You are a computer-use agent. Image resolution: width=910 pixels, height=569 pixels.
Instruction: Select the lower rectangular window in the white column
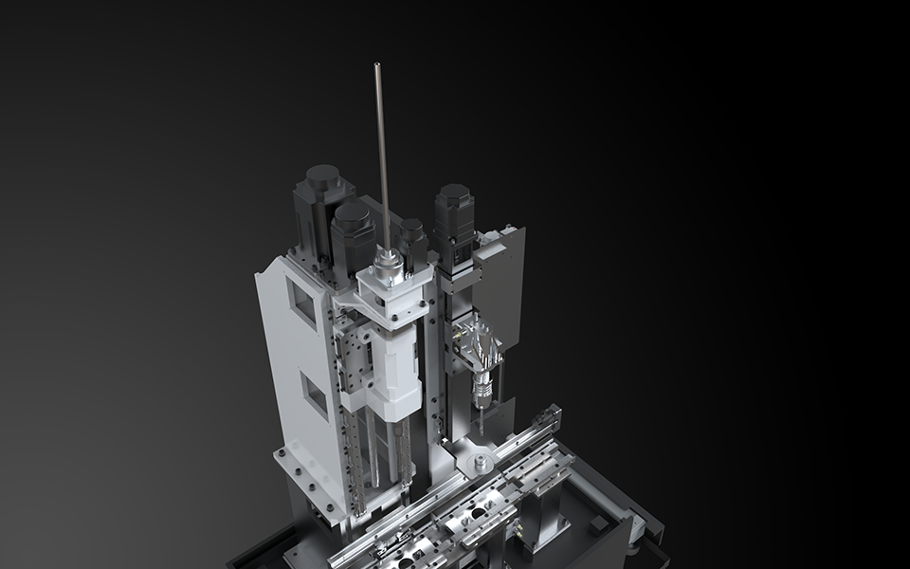point(313,391)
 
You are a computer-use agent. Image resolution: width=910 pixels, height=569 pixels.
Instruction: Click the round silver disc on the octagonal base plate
point(482,463)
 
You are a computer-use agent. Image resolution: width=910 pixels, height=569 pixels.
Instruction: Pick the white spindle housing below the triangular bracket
point(396,370)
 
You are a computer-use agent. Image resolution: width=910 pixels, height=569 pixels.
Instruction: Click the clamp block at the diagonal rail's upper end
point(548,418)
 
